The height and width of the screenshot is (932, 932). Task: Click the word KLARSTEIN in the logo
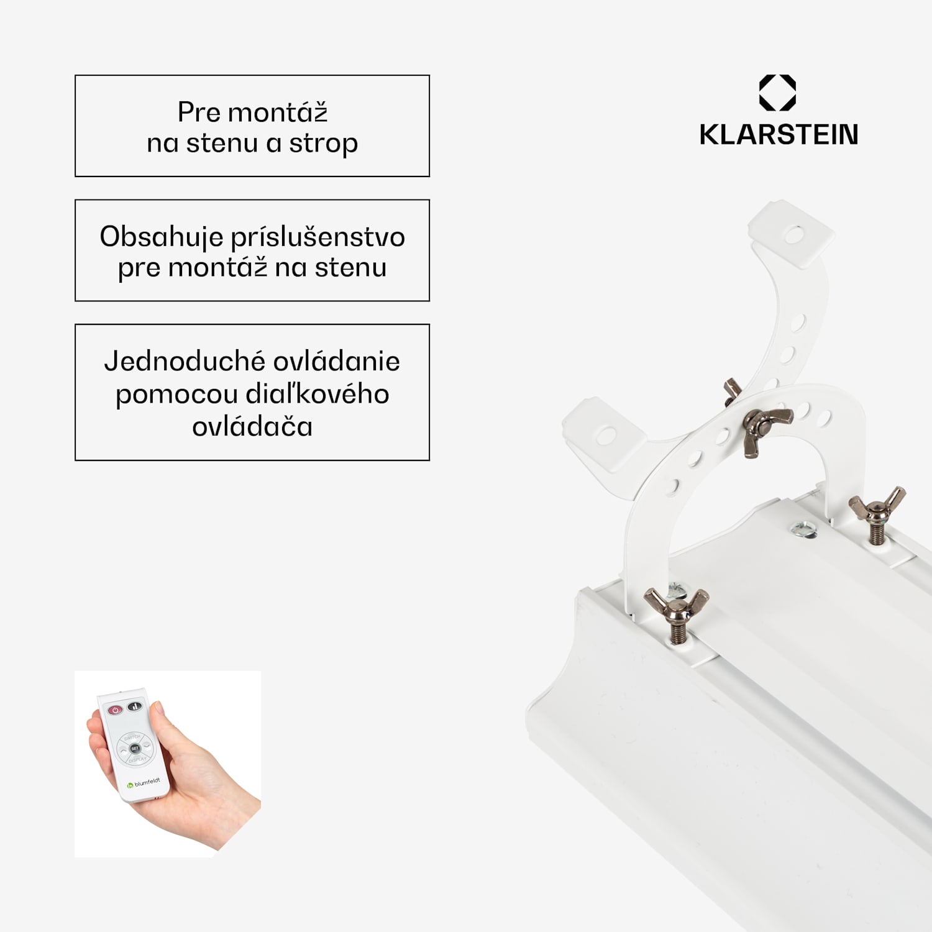[x=779, y=134]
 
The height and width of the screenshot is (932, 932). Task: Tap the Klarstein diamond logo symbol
[x=778, y=93]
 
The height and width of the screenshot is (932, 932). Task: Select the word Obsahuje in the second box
[x=162, y=237]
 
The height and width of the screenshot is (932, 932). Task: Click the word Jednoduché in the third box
[x=185, y=361]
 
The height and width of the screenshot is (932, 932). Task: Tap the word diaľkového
[x=318, y=394]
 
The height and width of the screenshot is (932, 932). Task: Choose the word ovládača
[x=252, y=427]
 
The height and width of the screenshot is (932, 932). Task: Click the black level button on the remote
[x=135, y=706]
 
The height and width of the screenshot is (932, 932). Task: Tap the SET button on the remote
[x=135, y=749]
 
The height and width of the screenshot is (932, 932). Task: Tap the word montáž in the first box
[x=278, y=112]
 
